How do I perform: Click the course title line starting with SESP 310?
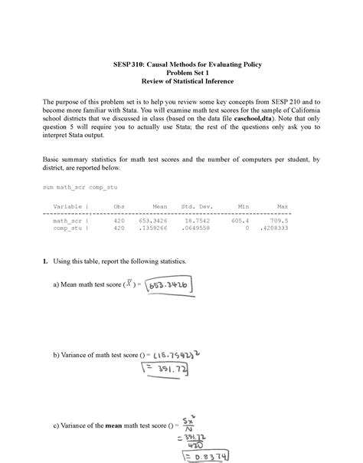(x=181, y=65)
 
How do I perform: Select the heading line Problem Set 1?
(x=181, y=74)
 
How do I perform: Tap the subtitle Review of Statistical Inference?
(x=181, y=82)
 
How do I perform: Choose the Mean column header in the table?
(x=160, y=207)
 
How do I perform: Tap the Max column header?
(x=283, y=207)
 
